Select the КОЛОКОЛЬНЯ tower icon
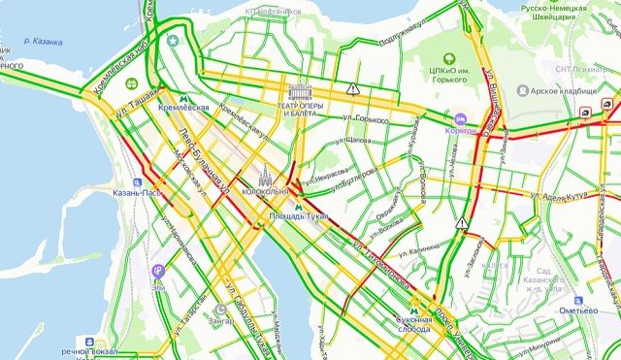pos(267,176)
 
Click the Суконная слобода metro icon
pos(401,313)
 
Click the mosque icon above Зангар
pos(221,310)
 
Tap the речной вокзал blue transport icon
pos(90,343)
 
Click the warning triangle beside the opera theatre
pos(354,88)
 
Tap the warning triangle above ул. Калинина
pos(466,223)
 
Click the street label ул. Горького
pos(365,119)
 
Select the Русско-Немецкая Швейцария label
pos(559,12)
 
